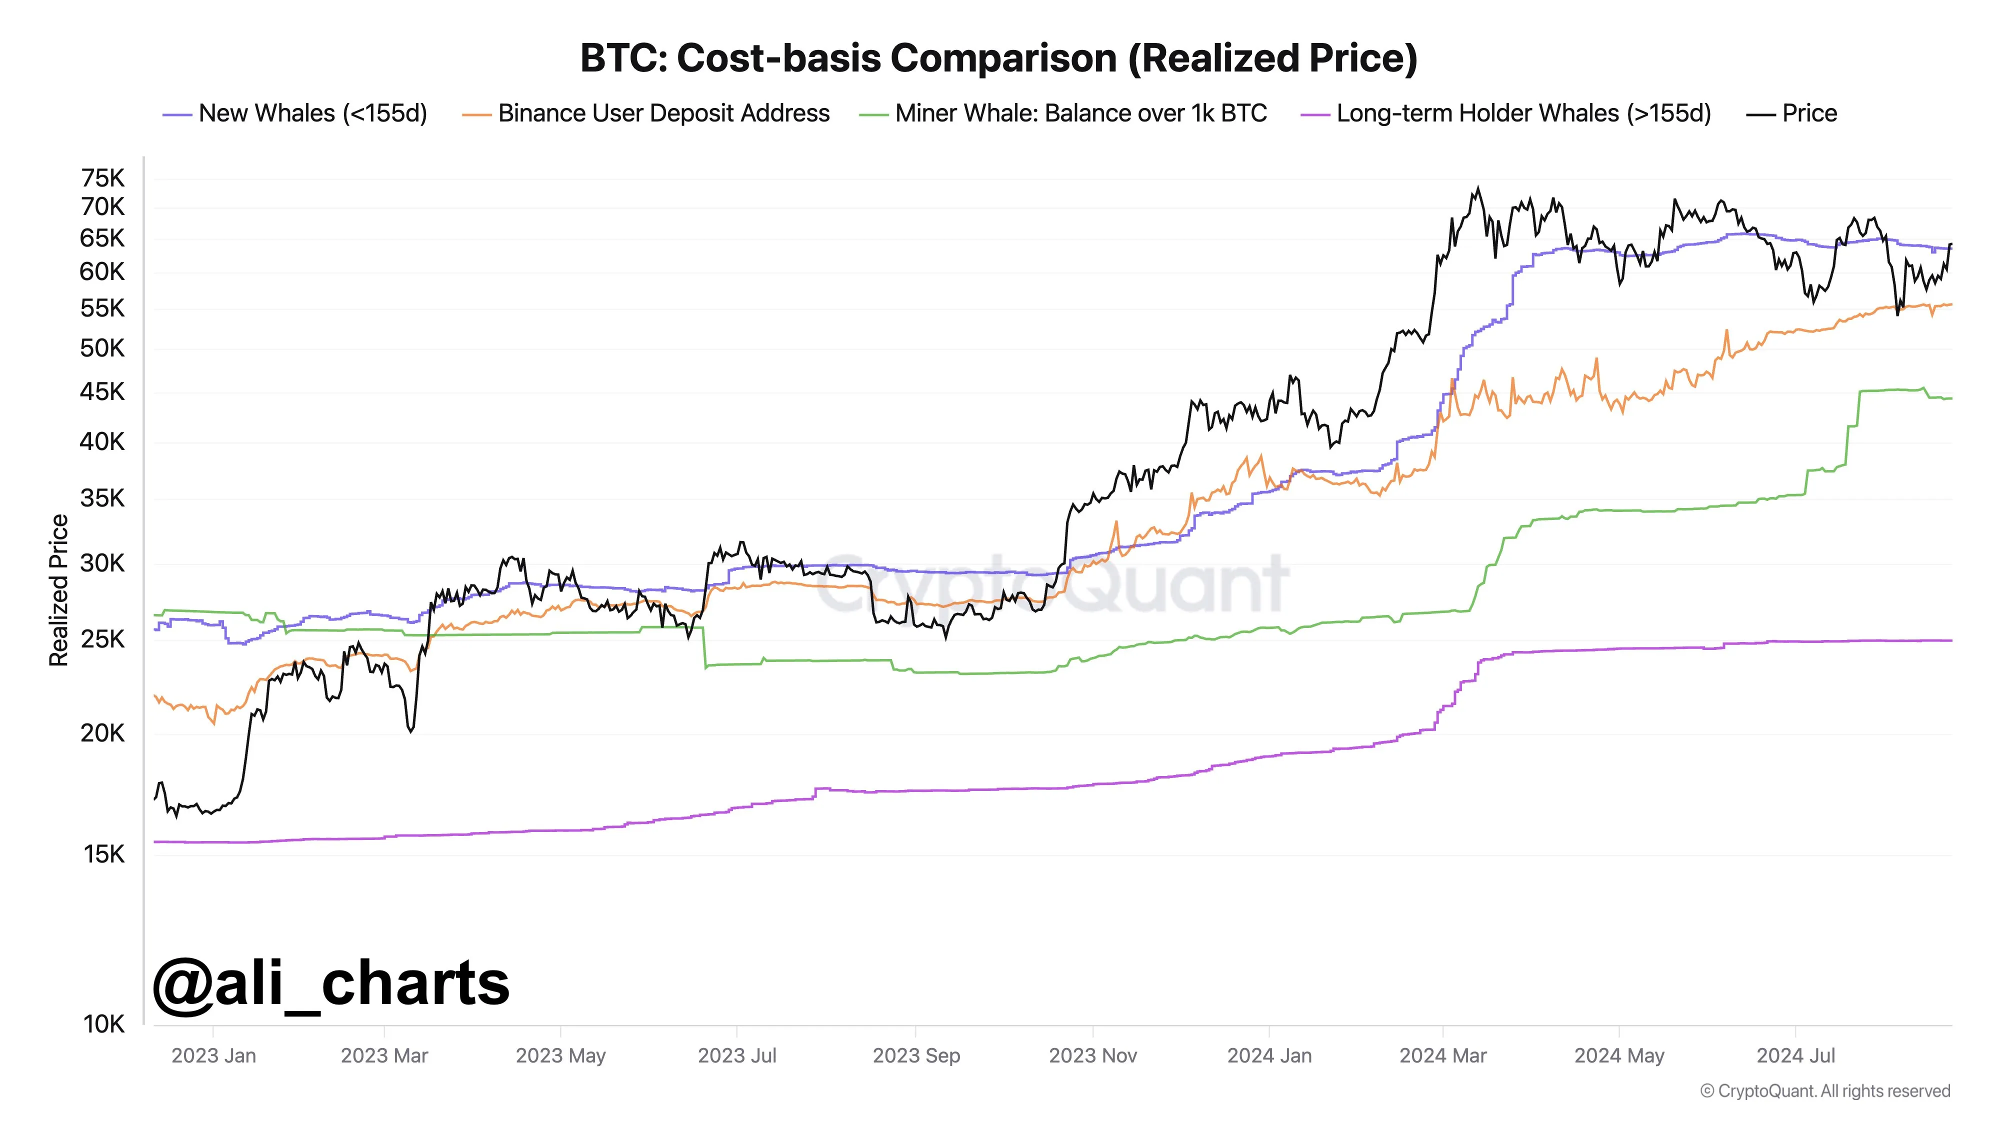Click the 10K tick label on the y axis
(x=104, y=1024)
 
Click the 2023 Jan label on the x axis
(x=213, y=1055)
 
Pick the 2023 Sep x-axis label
(x=916, y=1055)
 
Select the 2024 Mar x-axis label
(x=1442, y=1055)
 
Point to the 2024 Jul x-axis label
(x=1796, y=1055)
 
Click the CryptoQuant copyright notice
(x=1824, y=1091)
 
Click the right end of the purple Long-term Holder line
(x=1950, y=640)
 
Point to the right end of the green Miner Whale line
(x=1950, y=398)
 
